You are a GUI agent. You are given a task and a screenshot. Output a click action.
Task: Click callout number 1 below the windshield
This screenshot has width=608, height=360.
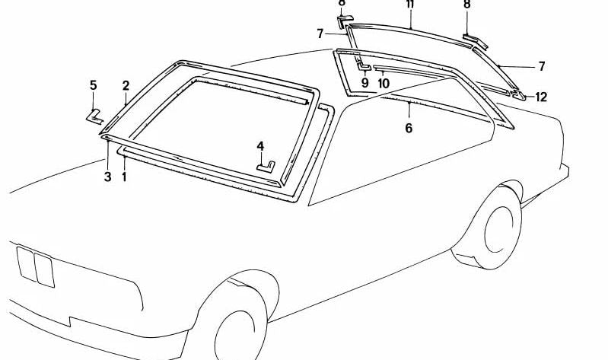(x=124, y=177)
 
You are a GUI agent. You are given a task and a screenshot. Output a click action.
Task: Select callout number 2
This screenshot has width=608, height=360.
(x=126, y=85)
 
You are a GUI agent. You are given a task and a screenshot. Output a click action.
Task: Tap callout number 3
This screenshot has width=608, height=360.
(x=107, y=177)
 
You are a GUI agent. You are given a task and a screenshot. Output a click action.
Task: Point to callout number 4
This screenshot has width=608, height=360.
(x=260, y=145)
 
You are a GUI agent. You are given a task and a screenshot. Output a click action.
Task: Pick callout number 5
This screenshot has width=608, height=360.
(x=94, y=85)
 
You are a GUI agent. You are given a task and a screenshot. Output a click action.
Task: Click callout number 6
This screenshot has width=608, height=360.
(x=409, y=129)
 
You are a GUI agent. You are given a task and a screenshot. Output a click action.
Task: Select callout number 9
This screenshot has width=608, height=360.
(x=364, y=82)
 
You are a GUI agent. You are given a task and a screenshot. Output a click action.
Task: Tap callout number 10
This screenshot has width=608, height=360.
(x=383, y=82)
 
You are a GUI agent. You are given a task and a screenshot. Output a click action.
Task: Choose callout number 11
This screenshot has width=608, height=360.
(x=410, y=5)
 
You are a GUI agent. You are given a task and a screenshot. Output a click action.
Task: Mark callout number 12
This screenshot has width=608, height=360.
(x=542, y=97)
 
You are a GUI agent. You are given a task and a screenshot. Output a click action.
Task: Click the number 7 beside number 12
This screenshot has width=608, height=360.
(x=542, y=67)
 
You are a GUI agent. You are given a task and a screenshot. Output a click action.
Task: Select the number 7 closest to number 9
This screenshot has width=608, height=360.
(x=320, y=33)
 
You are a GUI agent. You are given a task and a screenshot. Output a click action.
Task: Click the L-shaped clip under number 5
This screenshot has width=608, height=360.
(x=94, y=115)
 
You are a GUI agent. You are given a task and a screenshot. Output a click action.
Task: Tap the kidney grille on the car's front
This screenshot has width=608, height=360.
(x=35, y=267)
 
